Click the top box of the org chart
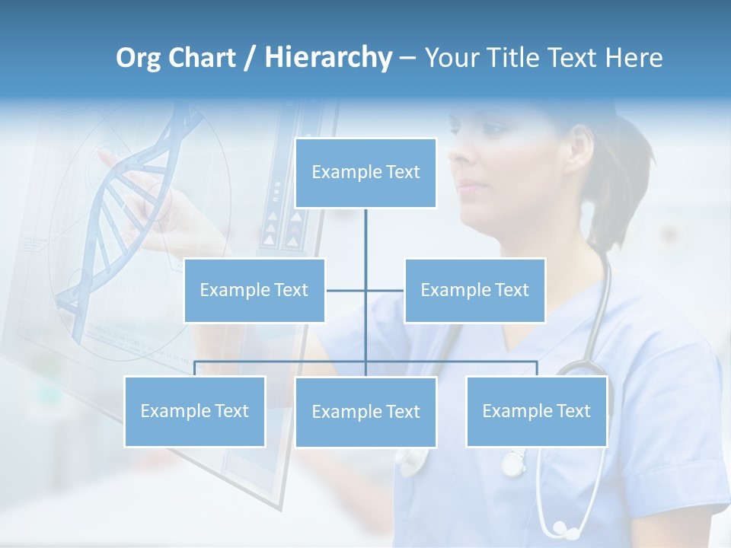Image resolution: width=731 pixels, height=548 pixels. [x=365, y=173]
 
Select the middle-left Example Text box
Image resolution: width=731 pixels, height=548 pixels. [x=254, y=290]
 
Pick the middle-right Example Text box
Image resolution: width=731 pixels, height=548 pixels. [x=474, y=290]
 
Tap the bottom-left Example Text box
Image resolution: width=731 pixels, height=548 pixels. [x=195, y=411]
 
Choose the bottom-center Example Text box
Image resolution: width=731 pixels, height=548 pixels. [x=365, y=412]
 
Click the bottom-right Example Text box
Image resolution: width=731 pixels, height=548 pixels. [x=536, y=411]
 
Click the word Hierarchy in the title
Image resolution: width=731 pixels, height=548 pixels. [x=328, y=58]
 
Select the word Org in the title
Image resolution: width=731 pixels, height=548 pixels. [x=138, y=58]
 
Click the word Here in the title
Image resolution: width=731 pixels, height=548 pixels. [x=634, y=58]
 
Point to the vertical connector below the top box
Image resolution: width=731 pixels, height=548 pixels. [x=365, y=232]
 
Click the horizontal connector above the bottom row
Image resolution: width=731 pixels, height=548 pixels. [x=457, y=362]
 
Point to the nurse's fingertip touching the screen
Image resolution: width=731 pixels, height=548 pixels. [x=104, y=155]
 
